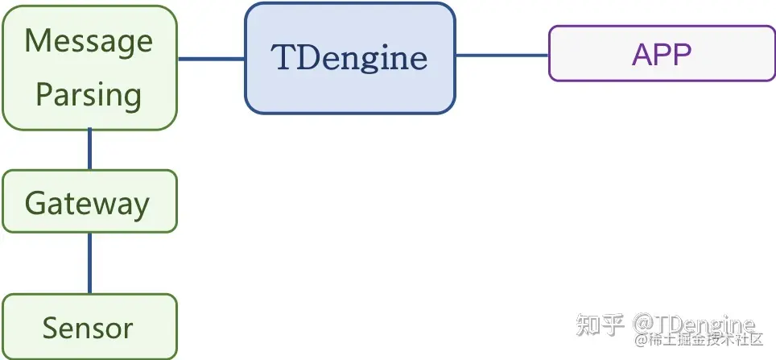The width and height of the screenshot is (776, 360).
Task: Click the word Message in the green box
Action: pyautogui.click(x=89, y=41)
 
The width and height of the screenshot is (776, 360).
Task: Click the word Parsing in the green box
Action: pyautogui.click(x=89, y=95)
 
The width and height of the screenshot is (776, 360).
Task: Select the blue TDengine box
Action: pyautogui.click(x=350, y=58)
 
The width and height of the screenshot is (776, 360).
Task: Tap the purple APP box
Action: pyautogui.click(x=662, y=54)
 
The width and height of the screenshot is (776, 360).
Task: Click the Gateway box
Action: pyautogui.click(x=89, y=201)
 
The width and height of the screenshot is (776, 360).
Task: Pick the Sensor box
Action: pyautogui.click(x=89, y=327)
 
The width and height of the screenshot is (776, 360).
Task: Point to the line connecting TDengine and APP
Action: pyautogui.click(x=502, y=56)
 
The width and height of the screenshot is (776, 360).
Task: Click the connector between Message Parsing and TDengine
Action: pyautogui.click(x=211, y=59)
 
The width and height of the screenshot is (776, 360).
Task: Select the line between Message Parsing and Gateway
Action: pyautogui.click(x=89, y=149)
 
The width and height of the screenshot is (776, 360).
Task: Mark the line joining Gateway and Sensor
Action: pyautogui.click(x=89, y=263)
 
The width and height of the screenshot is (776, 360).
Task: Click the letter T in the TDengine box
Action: pyautogui.click(x=283, y=58)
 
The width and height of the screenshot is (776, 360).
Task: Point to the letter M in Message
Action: pyautogui.click(x=37, y=41)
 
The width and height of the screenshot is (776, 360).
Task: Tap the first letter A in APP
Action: pyautogui.click(x=642, y=54)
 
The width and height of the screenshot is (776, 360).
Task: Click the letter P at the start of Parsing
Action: pyautogui.click(x=44, y=95)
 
